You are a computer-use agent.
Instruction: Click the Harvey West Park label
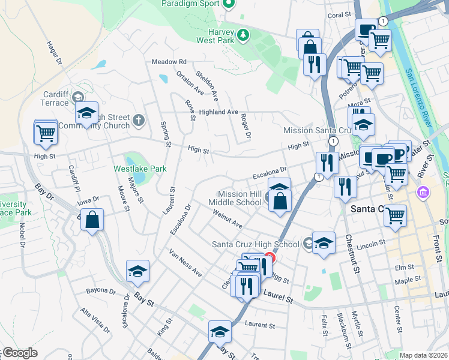tap(214, 35)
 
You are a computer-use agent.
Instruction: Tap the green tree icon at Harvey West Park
tap(243, 35)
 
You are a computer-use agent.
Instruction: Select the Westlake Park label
tap(140, 169)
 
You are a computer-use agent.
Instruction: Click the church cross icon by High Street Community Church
tap(138, 121)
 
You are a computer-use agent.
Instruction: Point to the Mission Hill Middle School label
tap(240, 198)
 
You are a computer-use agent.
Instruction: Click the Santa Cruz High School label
tap(256, 244)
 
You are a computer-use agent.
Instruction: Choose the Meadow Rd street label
tap(169, 62)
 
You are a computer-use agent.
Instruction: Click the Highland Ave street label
tap(219, 112)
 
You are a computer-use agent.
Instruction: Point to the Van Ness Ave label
tap(185, 263)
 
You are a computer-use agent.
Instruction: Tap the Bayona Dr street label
tap(100, 292)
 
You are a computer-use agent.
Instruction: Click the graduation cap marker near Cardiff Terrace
tap(86, 113)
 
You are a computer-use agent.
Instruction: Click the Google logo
tap(20, 353)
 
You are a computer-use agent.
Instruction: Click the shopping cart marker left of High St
tap(46, 134)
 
